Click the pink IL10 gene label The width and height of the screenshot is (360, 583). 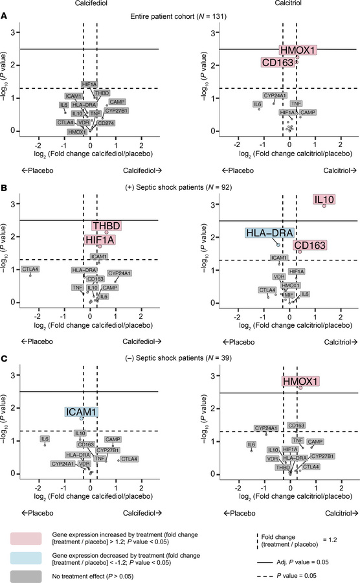coord(324,200)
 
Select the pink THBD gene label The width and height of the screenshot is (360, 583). coord(106,226)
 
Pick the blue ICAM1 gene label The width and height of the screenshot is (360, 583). coord(81,412)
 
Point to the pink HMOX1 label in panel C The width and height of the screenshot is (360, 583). coord(300,382)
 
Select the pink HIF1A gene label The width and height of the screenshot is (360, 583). coord(100,240)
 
